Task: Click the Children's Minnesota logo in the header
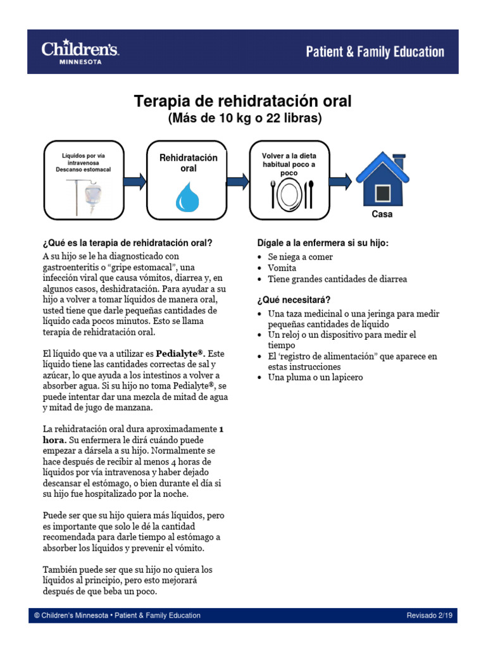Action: [80, 52]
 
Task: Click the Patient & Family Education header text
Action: [375, 52]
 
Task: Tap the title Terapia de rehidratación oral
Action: [242, 102]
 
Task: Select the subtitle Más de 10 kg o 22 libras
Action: [244, 118]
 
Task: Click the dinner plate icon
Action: [291, 194]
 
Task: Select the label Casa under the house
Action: [382, 215]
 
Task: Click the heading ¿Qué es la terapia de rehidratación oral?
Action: [127, 243]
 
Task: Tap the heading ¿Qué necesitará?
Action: [294, 299]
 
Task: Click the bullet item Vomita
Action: [282, 268]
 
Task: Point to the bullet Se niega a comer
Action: [300, 257]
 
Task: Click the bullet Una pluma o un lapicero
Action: [315, 378]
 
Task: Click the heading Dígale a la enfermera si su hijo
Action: [323, 243]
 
